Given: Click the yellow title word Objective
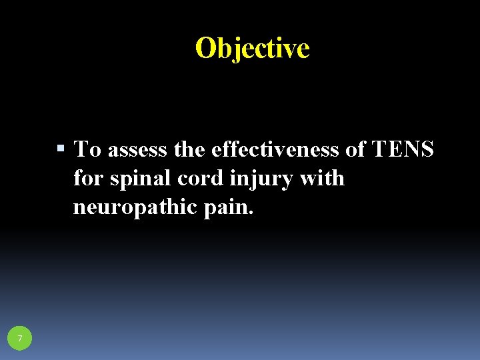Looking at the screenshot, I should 253,48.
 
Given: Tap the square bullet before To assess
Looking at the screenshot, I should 61,149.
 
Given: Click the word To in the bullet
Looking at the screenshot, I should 87,149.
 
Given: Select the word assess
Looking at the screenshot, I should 137,150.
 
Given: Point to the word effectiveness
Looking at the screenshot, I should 276,149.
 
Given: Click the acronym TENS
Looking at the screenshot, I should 403,149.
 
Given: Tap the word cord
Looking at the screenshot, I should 194,179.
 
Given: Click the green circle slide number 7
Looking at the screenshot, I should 20,339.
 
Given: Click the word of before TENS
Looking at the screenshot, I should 355,149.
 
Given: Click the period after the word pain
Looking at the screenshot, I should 251,214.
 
